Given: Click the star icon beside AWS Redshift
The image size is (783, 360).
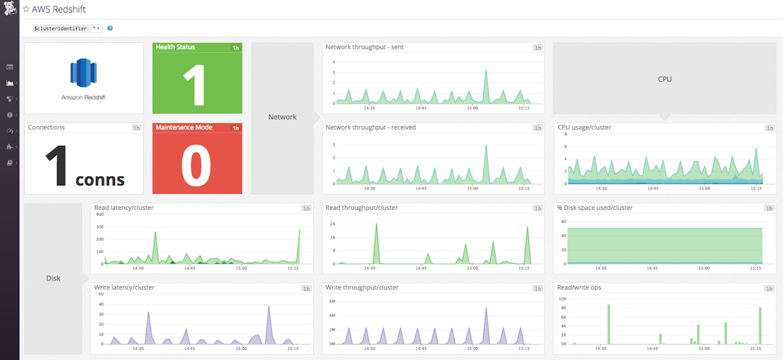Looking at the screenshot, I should (x=26, y=9).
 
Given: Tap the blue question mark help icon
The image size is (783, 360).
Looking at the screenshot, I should (x=110, y=28).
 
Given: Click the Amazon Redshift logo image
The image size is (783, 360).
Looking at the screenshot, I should (x=84, y=73).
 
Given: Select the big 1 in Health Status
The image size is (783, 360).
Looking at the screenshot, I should (x=195, y=85).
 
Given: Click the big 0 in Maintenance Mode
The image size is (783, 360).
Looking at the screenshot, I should (x=196, y=165).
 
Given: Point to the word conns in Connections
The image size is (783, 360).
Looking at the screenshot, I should (x=100, y=180).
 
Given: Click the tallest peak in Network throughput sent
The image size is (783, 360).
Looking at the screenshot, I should (x=486, y=72).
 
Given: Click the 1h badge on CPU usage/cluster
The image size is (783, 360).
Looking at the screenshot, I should (x=769, y=128).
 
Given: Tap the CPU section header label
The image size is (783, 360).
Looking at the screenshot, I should (x=665, y=79).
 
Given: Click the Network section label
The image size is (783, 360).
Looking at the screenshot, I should (x=282, y=117).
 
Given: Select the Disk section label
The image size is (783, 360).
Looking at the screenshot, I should (x=53, y=278).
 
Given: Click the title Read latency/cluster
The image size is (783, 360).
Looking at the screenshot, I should (x=124, y=207).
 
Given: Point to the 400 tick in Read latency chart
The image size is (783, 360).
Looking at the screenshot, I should (x=99, y=214).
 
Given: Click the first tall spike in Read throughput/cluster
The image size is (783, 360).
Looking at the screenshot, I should (x=376, y=226).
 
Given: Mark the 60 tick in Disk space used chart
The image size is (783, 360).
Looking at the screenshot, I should (x=563, y=221).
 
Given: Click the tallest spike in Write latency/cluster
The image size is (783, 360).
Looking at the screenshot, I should (x=269, y=307).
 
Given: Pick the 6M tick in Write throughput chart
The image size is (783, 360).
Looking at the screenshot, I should (x=332, y=301).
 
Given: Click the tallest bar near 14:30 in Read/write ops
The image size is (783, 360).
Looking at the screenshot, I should (x=609, y=306).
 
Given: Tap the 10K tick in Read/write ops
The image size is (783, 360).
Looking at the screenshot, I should (x=563, y=299).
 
